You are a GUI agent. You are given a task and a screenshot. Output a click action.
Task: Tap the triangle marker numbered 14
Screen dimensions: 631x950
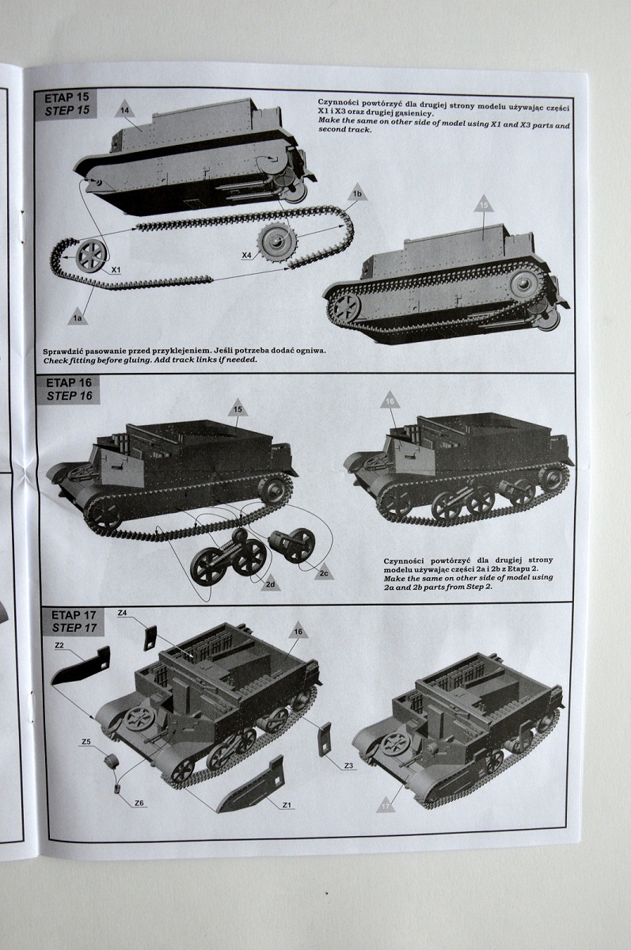click(x=124, y=109)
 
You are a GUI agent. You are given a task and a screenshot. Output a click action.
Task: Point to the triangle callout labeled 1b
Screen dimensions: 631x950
click(x=357, y=193)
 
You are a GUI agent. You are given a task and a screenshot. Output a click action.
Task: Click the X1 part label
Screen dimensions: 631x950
click(x=116, y=269)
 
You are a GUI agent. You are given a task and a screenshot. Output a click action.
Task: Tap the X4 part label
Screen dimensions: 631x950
click(x=247, y=254)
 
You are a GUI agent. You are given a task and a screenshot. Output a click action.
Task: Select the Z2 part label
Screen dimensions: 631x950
click(x=59, y=646)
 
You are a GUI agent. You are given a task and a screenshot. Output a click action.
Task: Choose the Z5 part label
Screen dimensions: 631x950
click(x=86, y=742)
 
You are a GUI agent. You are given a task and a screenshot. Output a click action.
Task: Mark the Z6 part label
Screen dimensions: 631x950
click(x=139, y=803)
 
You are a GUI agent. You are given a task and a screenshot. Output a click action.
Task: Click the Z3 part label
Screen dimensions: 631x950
click(x=348, y=766)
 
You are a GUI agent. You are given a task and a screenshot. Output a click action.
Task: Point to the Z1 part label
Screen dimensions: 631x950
click(x=287, y=805)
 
